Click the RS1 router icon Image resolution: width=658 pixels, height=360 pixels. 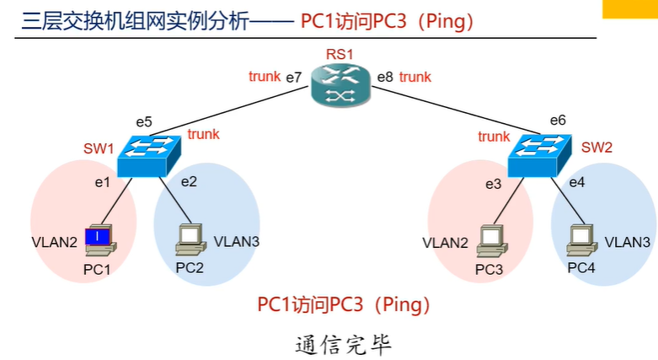click(x=340, y=85)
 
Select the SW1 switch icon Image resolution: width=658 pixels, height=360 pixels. click(x=149, y=156)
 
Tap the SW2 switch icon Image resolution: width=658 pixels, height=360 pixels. click(x=540, y=155)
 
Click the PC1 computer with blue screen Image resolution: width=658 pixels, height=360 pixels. click(x=100, y=240)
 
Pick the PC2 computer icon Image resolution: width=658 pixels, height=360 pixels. click(x=190, y=239)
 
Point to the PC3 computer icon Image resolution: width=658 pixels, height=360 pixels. click(x=492, y=241)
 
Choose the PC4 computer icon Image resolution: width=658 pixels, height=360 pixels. click(x=581, y=240)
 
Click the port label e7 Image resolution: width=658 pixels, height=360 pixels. click(x=294, y=78)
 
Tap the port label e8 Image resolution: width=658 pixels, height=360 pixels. click(x=385, y=78)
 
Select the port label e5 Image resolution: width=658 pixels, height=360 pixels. click(x=144, y=122)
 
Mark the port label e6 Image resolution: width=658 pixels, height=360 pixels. click(x=558, y=121)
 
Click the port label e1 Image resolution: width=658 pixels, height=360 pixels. click(x=103, y=182)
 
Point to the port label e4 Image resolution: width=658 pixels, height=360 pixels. click(x=577, y=182)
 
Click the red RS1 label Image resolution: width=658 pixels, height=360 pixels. click(x=340, y=54)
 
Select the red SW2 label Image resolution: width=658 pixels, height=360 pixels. click(x=596, y=148)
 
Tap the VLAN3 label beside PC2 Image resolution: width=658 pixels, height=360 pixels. click(x=237, y=241)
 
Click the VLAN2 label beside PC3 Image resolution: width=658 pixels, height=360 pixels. click(x=445, y=243)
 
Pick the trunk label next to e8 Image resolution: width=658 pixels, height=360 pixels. click(x=415, y=77)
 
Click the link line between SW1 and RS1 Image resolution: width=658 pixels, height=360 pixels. click(x=230, y=111)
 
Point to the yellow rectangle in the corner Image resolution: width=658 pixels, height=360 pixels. click(x=630, y=8)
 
